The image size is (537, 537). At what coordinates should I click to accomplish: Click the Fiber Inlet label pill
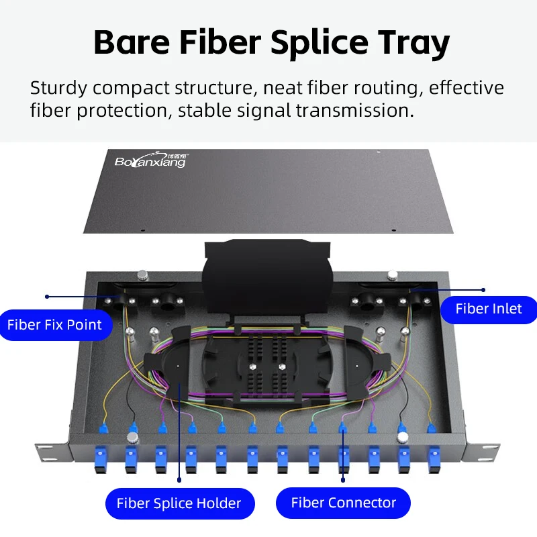(x=489, y=309)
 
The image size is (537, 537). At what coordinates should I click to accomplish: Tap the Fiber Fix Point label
(x=55, y=325)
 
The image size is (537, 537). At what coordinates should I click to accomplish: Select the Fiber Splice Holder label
(x=180, y=503)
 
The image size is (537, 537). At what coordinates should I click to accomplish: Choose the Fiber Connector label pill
(x=343, y=503)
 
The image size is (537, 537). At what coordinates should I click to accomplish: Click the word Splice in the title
(x=320, y=44)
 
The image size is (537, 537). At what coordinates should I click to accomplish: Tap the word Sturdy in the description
(x=58, y=89)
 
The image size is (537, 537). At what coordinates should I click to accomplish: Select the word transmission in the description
(x=355, y=111)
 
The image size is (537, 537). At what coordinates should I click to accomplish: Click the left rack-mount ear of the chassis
(x=53, y=451)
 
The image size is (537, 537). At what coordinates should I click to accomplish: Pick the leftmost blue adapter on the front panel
(x=100, y=459)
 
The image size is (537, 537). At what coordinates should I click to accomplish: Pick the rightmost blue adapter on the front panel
(x=434, y=459)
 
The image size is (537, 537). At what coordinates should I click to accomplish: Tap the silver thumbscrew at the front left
(x=132, y=438)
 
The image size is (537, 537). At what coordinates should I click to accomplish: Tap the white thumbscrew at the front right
(x=403, y=438)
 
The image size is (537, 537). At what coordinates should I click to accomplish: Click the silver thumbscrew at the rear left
(x=142, y=275)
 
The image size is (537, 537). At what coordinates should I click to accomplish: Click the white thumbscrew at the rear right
(x=393, y=275)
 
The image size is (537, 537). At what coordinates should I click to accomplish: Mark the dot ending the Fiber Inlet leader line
(x=483, y=290)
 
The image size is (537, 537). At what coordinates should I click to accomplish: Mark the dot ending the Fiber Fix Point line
(x=47, y=297)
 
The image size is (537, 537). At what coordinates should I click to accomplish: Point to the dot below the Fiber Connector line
(x=343, y=480)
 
